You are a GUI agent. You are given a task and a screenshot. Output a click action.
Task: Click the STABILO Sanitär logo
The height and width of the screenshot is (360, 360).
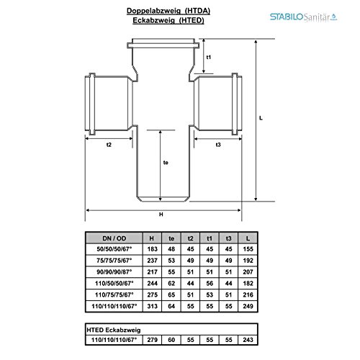coord(303,17)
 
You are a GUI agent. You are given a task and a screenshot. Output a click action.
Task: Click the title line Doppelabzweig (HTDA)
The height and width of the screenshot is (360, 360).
coord(168,11)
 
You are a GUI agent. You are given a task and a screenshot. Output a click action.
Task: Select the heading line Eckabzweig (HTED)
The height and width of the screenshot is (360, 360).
coord(168,20)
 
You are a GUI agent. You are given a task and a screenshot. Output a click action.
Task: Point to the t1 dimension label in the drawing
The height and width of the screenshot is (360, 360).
coord(209,57)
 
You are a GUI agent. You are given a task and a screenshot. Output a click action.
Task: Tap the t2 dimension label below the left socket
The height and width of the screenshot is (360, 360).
coord(109,145)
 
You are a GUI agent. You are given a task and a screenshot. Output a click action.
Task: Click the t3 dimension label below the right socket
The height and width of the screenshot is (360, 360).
coord(218,145)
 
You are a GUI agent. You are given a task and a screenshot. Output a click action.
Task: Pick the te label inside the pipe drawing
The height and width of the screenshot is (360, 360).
coord(166,163)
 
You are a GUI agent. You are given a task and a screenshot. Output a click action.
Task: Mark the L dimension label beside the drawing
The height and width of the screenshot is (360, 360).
coord(261,118)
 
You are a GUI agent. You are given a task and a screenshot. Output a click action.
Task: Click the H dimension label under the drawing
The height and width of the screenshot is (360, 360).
coord(161,215)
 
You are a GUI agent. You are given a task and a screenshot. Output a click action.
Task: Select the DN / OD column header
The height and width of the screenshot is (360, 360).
coord(114,238)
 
